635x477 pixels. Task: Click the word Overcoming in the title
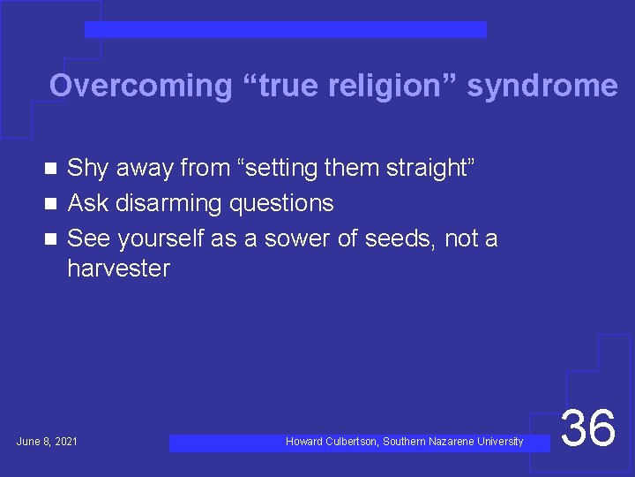139,86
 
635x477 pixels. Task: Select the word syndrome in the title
542,86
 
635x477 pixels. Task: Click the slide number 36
588,428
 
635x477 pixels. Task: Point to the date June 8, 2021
47,441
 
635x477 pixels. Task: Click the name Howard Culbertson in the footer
332,441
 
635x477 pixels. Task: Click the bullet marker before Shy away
51,167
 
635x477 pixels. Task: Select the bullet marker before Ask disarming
51,203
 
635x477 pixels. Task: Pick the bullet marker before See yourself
51,238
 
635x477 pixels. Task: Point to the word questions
281,203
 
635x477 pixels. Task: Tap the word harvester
118,269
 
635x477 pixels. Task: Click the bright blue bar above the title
285,30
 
